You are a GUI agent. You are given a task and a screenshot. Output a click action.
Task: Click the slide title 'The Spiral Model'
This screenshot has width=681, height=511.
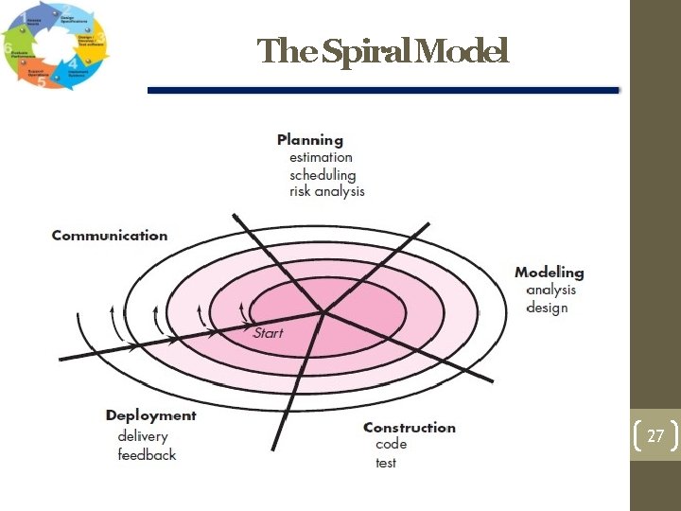pyautogui.click(x=383, y=51)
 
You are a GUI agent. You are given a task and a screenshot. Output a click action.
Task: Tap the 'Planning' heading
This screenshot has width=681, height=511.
pyautogui.click(x=309, y=140)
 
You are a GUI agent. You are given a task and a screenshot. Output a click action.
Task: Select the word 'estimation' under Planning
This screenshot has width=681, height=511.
pyautogui.click(x=321, y=157)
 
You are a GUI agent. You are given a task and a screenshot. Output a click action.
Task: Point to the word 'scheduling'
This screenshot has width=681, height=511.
pyautogui.click(x=323, y=174)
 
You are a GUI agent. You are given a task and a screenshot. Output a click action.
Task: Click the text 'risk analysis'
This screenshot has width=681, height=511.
pyautogui.click(x=326, y=191)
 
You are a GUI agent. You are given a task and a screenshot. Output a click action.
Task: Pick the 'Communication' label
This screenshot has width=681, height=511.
pyautogui.click(x=109, y=236)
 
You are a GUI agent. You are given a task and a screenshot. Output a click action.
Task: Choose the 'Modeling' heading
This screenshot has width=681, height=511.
pyautogui.click(x=549, y=273)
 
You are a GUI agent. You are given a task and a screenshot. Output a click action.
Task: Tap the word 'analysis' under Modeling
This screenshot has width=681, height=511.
pyautogui.click(x=550, y=290)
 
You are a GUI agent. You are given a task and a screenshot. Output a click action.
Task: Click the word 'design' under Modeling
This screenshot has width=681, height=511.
pyautogui.click(x=547, y=308)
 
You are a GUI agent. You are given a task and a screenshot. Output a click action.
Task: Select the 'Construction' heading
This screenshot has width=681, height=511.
pyautogui.click(x=409, y=428)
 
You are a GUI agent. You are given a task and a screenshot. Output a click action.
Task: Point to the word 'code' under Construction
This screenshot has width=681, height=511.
pyautogui.click(x=391, y=444)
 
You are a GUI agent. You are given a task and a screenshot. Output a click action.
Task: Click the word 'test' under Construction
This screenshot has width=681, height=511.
pyautogui.click(x=386, y=463)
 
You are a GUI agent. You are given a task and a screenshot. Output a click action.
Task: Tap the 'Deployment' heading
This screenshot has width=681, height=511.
pyautogui.click(x=150, y=415)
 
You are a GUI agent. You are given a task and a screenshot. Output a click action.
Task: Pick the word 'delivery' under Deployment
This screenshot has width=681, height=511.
pyautogui.click(x=143, y=436)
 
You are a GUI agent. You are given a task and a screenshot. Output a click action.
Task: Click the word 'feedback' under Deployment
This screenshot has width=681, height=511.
pyautogui.click(x=147, y=455)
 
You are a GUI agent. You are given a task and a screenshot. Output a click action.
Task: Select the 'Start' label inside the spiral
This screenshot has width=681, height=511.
pyautogui.click(x=268, y=333)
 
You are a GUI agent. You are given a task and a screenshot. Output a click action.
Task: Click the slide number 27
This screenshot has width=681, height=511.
pyautogui.click(x=655, y=436)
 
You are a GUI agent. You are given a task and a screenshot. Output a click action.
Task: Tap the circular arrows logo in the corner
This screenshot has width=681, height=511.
pyautogui.click(x=54, y=47)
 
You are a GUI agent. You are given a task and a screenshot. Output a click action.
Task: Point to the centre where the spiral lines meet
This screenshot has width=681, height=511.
pyautogui.click(x=323, y=311)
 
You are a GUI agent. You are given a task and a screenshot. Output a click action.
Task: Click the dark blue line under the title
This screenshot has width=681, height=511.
pyautogui.click(x=383, y=91)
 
